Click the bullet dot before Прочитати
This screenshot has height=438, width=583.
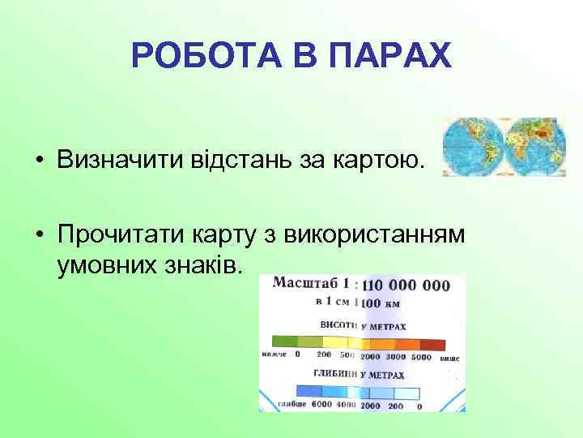[x=39, y=235]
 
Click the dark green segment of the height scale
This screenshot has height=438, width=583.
[x=284, y=341]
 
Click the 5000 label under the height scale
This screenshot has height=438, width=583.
[x=421, y=355]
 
